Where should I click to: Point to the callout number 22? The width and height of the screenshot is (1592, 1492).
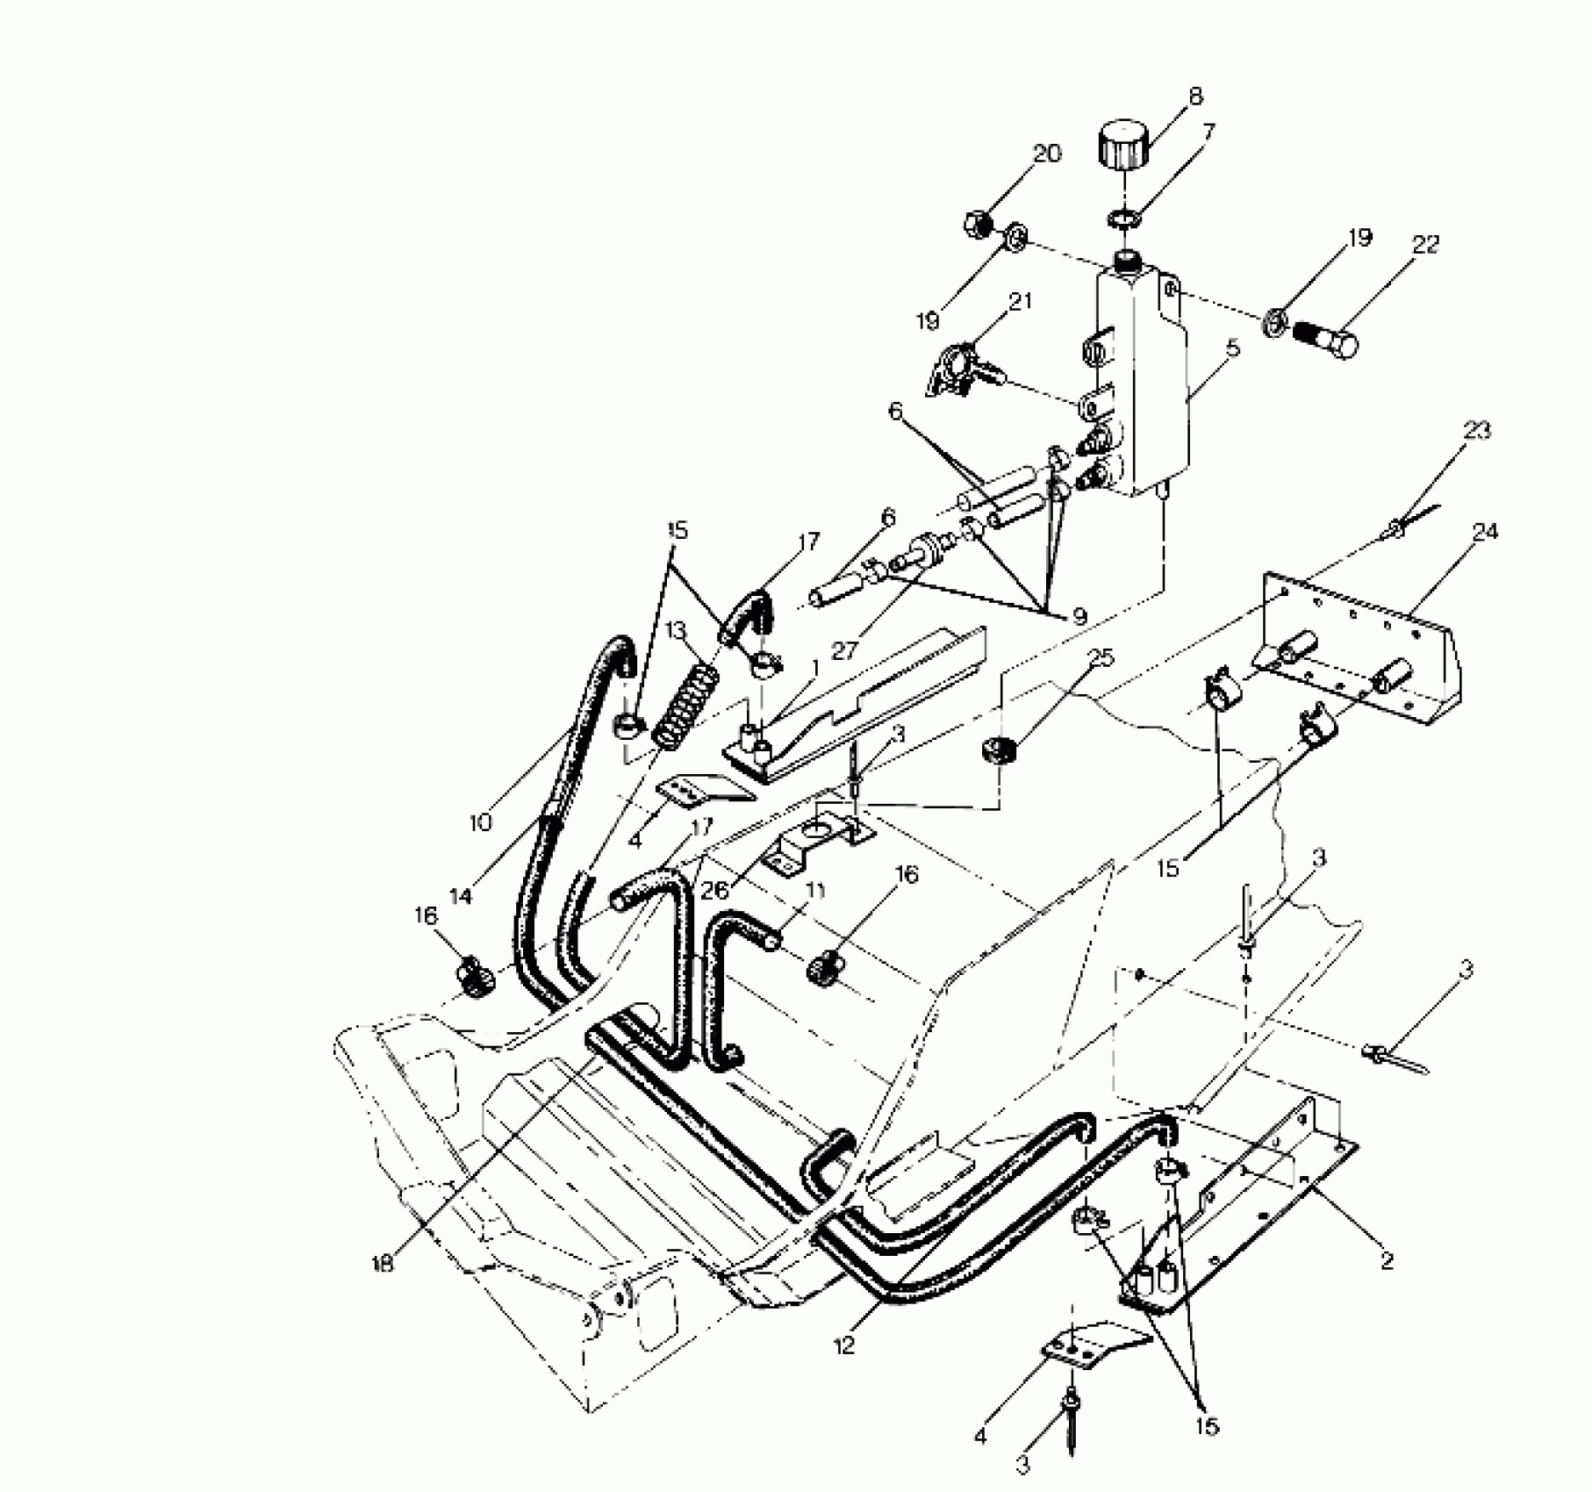coord(1425,245)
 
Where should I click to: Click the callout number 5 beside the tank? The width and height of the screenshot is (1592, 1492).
coord(1233,349)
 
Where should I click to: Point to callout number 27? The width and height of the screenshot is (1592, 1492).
coord(845,650)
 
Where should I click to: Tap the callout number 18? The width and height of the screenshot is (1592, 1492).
coord(384,1264)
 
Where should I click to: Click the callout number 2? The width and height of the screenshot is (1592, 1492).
coord(1387,1261)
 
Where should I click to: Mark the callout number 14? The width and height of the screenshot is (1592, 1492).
coord(460,896)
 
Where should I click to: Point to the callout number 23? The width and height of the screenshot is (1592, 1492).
coord(1478,431)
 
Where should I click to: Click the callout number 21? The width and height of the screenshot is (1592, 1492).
coord(1020,301)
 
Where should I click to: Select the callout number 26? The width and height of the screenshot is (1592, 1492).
coord(715,891)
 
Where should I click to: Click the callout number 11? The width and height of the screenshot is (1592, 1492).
coord(816,890)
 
